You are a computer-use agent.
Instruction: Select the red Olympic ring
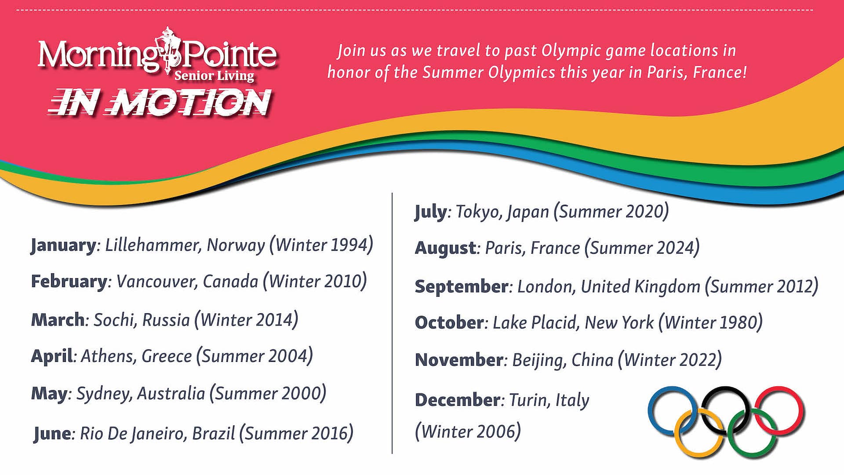801,411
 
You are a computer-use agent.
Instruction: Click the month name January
63,245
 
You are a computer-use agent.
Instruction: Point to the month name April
51,356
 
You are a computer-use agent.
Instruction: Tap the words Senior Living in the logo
214,76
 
